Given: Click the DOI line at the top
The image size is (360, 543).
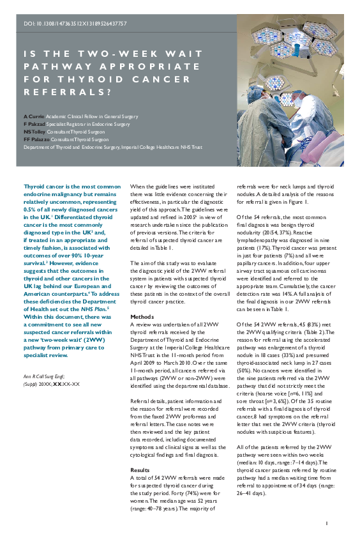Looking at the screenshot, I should [75, 24].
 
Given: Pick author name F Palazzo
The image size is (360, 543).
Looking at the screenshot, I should [36, 139].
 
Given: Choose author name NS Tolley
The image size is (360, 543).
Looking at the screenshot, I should [36, 132].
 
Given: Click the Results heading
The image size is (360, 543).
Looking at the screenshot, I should [140, 470].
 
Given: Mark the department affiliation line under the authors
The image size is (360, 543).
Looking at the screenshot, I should [112, 146].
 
